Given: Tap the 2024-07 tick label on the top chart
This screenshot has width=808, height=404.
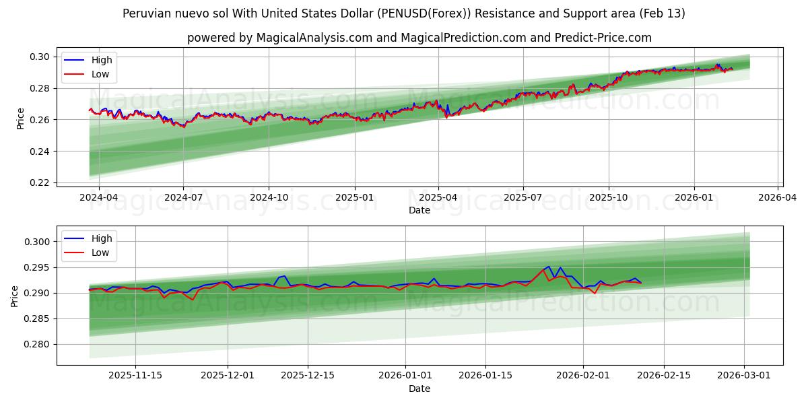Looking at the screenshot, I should click(184, 198).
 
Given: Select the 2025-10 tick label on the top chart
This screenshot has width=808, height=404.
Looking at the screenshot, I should click(609, 198).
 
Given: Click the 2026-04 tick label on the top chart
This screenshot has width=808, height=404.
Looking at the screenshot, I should click(778, 198).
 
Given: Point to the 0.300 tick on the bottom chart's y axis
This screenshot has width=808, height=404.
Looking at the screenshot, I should click(38, 242).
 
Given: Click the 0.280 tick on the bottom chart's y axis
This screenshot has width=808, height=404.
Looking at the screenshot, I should click(38, 344).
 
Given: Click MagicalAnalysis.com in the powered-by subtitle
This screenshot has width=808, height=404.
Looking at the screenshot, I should click(314, 38).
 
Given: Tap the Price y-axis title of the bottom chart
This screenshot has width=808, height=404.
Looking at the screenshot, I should click(15, 296).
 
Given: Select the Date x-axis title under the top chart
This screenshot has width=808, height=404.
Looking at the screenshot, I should click(419, 210).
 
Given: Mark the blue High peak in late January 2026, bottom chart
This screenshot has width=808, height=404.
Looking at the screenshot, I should click(548, 266).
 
